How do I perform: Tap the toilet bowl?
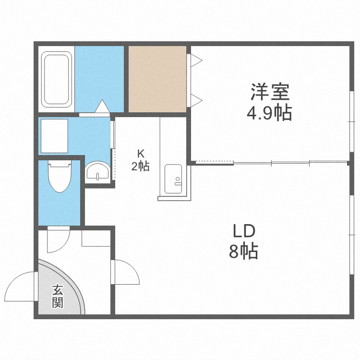point(60,176)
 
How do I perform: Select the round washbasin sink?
point(98,171)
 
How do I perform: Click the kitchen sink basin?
point(174,179)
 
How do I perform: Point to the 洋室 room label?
point(270,92)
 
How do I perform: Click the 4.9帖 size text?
point(269,113)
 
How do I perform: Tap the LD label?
point(244,231)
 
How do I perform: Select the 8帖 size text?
point(243,252)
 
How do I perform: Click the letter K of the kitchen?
point(141,154)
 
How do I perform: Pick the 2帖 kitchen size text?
point(140,166)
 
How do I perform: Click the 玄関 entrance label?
point(58,296)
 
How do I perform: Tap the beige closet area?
point(157,79)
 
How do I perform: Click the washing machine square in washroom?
point(54,136)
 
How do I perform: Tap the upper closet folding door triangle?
point(196,60)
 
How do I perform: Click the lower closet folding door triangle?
point(196,101)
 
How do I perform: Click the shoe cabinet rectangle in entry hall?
point(96,238)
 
